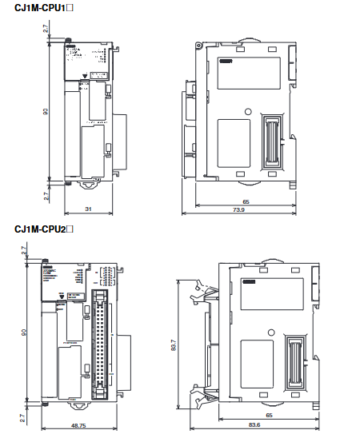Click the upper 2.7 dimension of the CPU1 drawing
coord(46,29)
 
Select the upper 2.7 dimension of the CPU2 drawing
coord(24,250)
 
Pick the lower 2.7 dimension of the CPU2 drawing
coord(24,416)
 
